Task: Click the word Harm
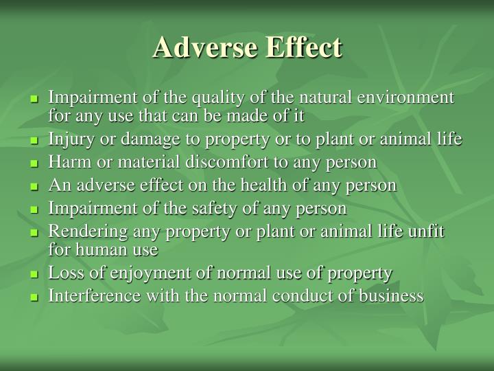tap(65, 162)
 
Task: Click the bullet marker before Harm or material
tap(35, 164)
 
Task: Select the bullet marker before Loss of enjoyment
tap(35, 274)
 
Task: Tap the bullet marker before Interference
tap(35, 297)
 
